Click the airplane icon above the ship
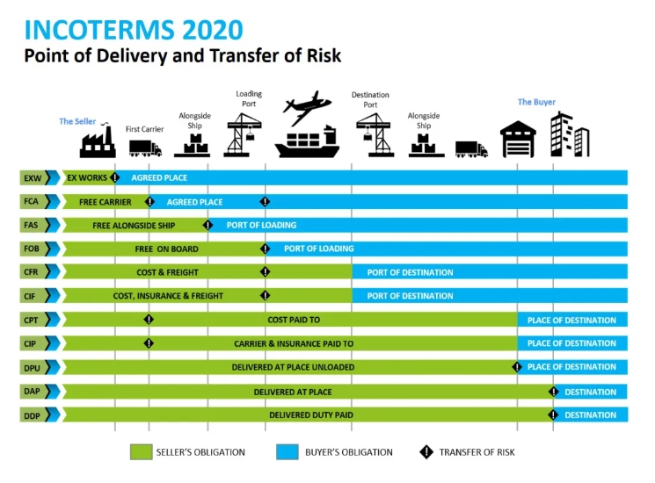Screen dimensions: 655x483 click(307, 107)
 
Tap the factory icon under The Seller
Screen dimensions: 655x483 click(98, 141)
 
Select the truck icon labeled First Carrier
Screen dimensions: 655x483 click(145, 148)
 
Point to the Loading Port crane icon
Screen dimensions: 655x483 click(244, 135)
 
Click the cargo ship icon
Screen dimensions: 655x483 click(307, 141)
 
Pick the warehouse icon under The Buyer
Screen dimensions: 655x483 click(518, 140)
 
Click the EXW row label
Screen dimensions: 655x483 click(33, 178)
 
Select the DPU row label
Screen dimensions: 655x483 click(32, 368)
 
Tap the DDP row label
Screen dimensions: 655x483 click(32, 416)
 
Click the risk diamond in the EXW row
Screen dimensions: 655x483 click(115, 177)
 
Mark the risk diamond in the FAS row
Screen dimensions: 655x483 click(207, 225)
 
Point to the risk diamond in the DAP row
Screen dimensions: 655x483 click(554, 392)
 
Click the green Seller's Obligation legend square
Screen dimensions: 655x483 click(142, 451)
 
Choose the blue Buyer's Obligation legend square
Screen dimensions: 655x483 click(287, 451)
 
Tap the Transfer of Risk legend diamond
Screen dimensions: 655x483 click(426, 451)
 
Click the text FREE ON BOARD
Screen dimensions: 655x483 click(167, 249)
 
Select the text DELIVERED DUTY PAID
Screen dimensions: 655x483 click(311, 415)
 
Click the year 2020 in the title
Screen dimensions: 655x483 click(213, 30)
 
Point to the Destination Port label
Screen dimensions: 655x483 click(370, 100)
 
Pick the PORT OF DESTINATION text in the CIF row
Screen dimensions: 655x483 click(411, 296)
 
